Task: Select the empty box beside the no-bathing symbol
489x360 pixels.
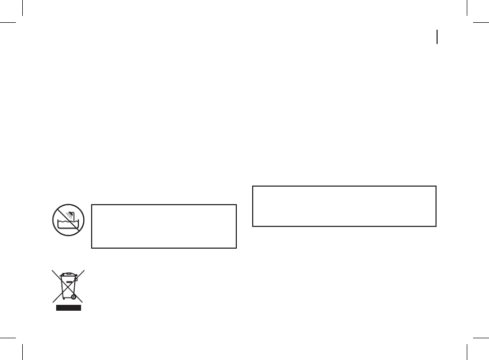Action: pos(163,226)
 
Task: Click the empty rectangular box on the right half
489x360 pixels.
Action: pos(344,206)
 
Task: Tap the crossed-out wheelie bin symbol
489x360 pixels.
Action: pos(68,288)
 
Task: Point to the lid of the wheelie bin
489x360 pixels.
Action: pos(68,274)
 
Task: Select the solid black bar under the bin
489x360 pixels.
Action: pos(68,308)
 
